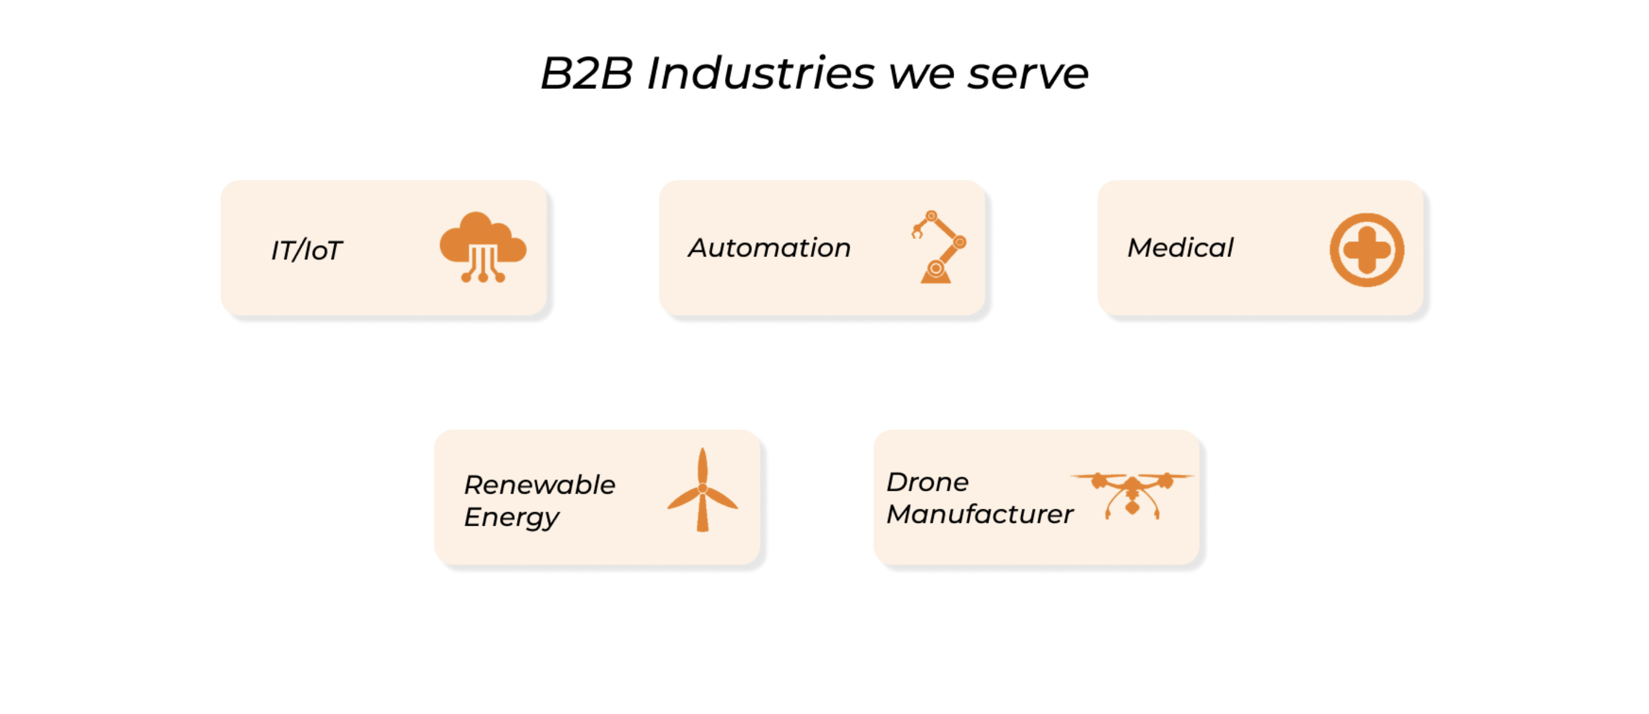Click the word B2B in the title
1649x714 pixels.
(x=586, y=74)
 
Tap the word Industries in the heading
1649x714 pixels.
(x=760, y=74)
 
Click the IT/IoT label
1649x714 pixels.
(x=306, y=251)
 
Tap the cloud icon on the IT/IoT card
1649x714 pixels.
(x=483, y=247)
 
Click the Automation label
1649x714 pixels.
(x=769, y=248)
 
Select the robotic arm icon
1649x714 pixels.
(x=938, y=247)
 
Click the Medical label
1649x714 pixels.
(x=1180, y=248)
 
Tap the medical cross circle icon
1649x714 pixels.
(x=1366, y=250)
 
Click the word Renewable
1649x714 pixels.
(x=539, y=485)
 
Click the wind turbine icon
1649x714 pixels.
(x=702, y=490)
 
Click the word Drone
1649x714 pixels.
(x=927, y=482)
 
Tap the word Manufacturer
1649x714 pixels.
(x=979, y=514)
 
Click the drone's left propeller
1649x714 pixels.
(x=1098, y=478)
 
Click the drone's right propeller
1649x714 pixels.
(x=1167, y=478)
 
